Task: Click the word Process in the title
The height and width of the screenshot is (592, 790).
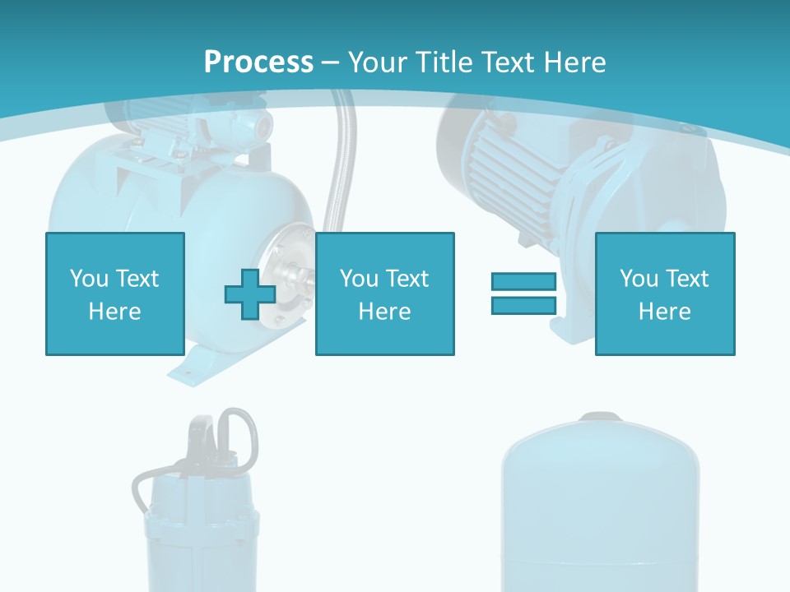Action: (258, 62)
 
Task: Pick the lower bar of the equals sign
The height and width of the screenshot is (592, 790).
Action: (523, 306)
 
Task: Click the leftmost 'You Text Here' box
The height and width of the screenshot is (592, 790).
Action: (114, 294)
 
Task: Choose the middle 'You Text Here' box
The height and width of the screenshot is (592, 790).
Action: (384, 294)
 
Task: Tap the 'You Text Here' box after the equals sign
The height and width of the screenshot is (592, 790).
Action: (664, 294)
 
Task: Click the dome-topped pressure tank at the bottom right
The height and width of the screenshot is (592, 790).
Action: (601, 510)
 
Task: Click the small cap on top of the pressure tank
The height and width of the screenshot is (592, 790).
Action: (601, 417)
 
